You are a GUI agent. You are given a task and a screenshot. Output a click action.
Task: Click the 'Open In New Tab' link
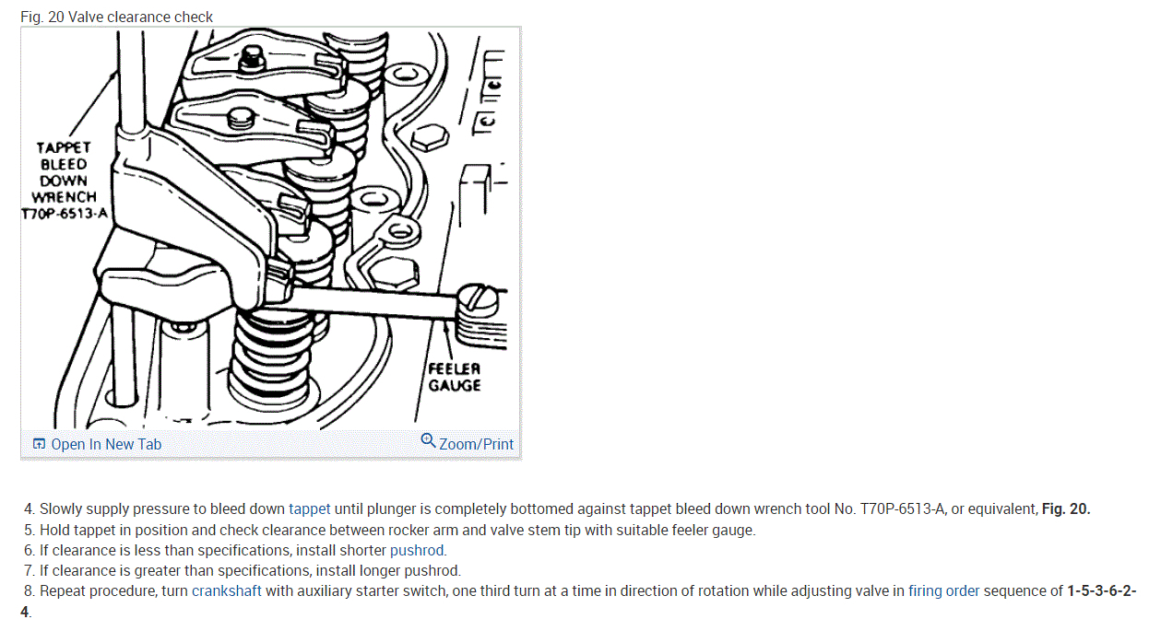point(105,444)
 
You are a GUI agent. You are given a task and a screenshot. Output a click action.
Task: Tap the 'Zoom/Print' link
point(476,444)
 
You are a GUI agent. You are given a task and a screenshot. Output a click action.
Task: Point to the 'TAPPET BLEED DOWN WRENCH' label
point(64,172)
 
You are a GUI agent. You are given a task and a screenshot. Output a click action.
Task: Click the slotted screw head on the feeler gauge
point(482,298)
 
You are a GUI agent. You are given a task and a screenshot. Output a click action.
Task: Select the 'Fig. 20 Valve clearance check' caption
point(116,17)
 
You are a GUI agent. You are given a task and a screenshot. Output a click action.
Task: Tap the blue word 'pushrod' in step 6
point(417,550)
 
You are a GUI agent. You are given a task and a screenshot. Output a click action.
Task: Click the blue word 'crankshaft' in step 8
point(226,591)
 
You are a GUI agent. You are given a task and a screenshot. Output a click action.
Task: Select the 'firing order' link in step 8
point(943,591)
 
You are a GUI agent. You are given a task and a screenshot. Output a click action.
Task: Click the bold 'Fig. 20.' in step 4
point(1066,508)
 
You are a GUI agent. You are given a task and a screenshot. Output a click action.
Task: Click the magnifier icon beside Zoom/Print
point(428,440)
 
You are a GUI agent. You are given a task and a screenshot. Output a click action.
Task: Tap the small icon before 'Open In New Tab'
point(39,444)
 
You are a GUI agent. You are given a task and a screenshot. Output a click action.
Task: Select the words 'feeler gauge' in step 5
point(713,530)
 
